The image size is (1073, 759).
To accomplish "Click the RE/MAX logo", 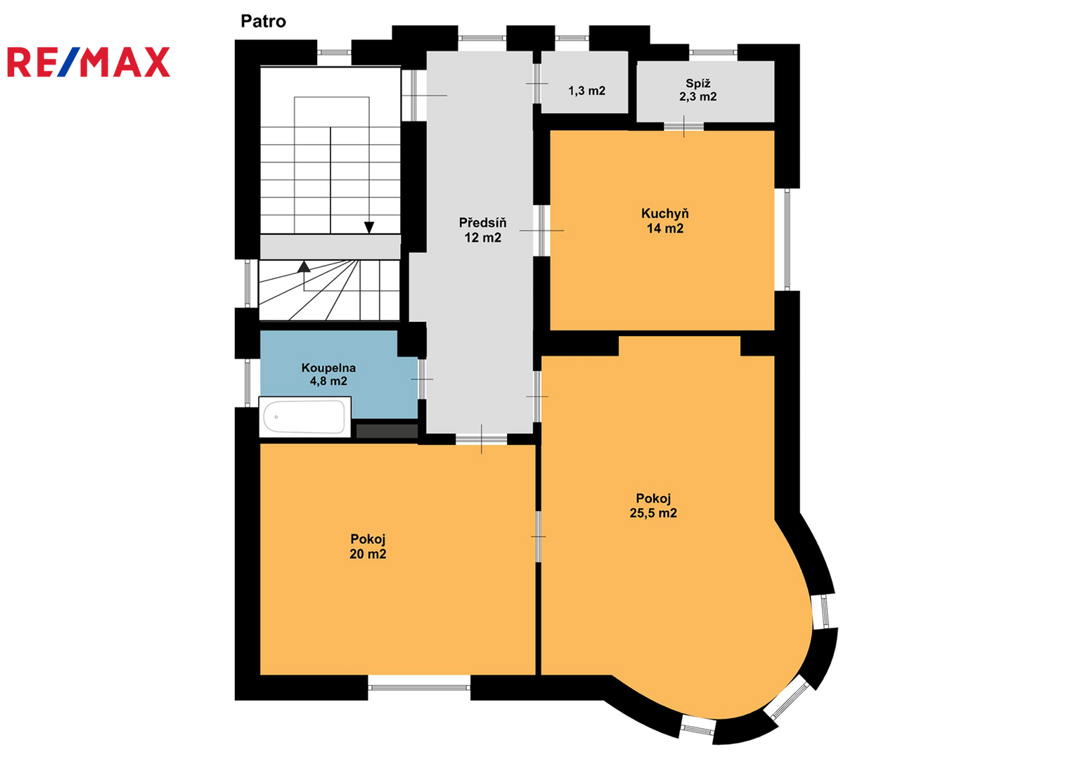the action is (x=89, y=62).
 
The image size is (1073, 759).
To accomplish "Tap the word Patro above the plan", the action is (x=263, y=22).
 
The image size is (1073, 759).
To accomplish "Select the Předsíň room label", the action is (x=482, y=223).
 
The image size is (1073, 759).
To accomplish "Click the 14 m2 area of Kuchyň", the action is (x=665, y=228).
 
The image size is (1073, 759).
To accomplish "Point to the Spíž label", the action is (x=698, y=84).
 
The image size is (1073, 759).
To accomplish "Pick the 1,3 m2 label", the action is (x=587, y=91).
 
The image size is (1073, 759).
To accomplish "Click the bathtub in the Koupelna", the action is (x=304, y=417).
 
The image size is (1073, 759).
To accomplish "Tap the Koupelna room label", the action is (x=328, y=368).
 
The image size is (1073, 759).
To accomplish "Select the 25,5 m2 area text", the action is (x=653, y=513).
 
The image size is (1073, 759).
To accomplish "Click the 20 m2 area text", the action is (x=368, y=554).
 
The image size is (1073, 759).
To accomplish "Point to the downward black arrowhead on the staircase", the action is (x=369, y=228).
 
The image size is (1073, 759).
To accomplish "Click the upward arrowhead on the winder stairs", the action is (x=304, y=267).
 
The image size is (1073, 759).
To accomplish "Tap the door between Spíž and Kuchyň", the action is (x=683, y=126).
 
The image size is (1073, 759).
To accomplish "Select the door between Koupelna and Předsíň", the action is (x=422, y=379).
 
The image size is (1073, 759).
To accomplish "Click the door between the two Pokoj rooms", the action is (x=538, y=536).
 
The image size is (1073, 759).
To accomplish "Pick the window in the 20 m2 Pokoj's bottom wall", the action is (x=419, y=687).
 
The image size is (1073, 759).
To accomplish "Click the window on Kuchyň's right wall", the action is (x=787, y=240).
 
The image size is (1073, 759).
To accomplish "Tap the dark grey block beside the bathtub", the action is (x=387, y=431).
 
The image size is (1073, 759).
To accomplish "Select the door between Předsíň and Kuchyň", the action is (x=541, y=231).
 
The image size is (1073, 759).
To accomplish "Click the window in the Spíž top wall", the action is (x=713, y=52).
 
